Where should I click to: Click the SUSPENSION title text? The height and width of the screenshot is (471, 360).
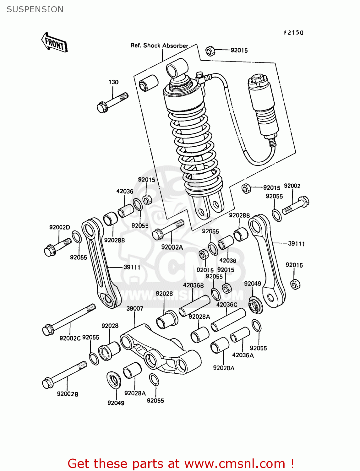point(35,9)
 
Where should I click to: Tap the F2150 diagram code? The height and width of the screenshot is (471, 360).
point(294,33)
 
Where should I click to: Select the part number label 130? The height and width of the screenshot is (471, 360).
point(113,82)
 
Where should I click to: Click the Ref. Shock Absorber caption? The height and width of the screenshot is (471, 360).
point(159,46)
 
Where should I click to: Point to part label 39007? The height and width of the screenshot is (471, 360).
point(134,308)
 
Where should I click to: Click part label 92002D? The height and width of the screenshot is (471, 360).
point(59,227)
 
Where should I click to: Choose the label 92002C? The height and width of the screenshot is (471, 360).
point(70,338)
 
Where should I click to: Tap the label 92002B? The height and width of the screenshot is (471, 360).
point(68,394)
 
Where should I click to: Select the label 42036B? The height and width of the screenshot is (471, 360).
point(193,285)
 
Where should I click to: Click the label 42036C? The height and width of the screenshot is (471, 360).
point(226,304)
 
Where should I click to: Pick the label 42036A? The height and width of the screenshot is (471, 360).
point(243,355)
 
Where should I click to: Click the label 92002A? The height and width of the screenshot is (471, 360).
point(172,247)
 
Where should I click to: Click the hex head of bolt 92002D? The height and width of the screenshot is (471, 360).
point(49,251)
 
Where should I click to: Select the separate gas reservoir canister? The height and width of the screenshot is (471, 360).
point(263,105)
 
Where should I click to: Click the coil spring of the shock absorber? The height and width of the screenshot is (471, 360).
point(195,148)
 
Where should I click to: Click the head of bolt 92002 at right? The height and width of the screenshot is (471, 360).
point(304,201)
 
